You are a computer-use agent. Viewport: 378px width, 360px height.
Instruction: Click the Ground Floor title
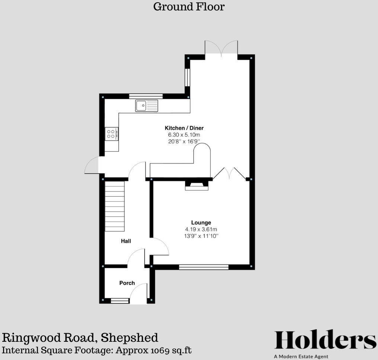(189, 7)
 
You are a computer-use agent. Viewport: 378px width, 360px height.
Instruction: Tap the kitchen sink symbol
(147, 106)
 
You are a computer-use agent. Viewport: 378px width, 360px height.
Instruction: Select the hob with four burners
(111, 134)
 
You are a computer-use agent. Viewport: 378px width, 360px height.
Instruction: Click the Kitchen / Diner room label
(184, 128)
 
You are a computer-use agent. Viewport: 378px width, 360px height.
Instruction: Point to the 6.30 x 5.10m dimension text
(184, 135)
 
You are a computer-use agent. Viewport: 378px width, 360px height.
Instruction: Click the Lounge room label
(201, 223)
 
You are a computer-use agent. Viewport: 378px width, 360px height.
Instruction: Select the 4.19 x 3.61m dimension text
(201, 229)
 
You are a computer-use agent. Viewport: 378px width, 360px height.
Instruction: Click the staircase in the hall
(114, 206)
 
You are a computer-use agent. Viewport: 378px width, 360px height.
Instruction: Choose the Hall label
(126, 241)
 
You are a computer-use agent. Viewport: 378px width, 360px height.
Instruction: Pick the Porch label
(127, 283)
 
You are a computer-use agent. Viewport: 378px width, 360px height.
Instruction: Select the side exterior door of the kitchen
(92, 166)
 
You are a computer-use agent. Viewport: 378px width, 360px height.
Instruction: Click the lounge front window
(204, 267)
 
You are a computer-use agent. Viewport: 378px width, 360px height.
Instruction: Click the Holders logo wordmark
(325, 340)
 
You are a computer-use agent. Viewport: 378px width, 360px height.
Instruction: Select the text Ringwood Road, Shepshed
(80, 338)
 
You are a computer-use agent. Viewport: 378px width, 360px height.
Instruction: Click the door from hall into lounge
(159, 247)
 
